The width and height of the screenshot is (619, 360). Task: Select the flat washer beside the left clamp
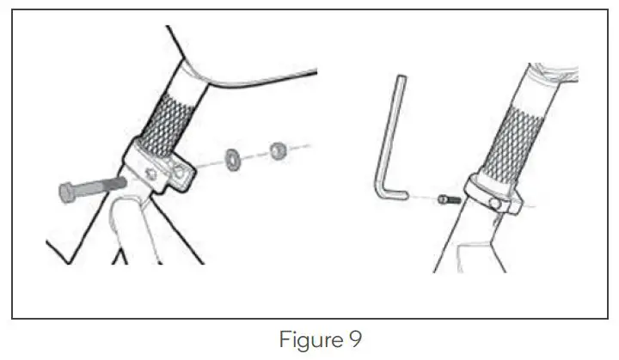tap(232, 159)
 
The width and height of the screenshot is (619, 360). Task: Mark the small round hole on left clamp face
tap(152, 174)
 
